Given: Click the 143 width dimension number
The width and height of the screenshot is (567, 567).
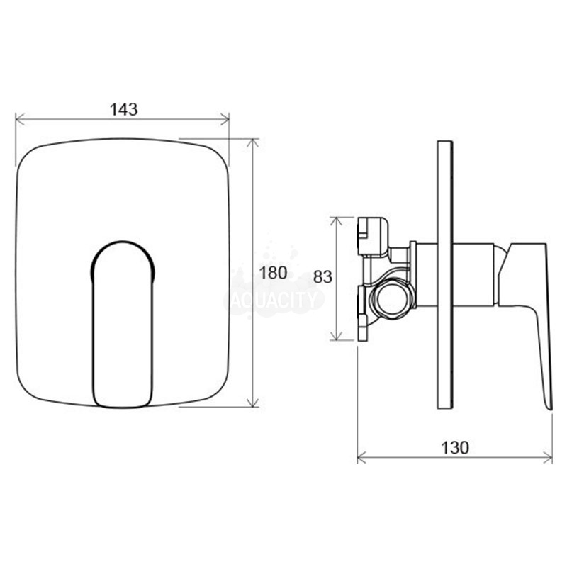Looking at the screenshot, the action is [123, 109].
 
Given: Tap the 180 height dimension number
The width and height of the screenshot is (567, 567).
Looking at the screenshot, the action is [274, 273].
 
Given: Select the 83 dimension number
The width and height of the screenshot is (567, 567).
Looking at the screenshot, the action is [322, 277].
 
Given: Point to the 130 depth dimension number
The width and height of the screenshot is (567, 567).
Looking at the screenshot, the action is [454, 448].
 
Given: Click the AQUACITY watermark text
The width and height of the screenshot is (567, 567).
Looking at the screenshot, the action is [274, 299].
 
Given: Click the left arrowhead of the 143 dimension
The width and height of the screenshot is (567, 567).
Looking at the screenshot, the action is [20, 119].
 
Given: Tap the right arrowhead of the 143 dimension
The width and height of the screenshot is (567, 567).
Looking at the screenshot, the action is [225, 119].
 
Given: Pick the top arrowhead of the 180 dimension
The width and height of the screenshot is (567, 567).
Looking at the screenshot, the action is [252, 143].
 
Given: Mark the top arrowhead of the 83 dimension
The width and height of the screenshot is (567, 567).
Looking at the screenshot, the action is [337, 222].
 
